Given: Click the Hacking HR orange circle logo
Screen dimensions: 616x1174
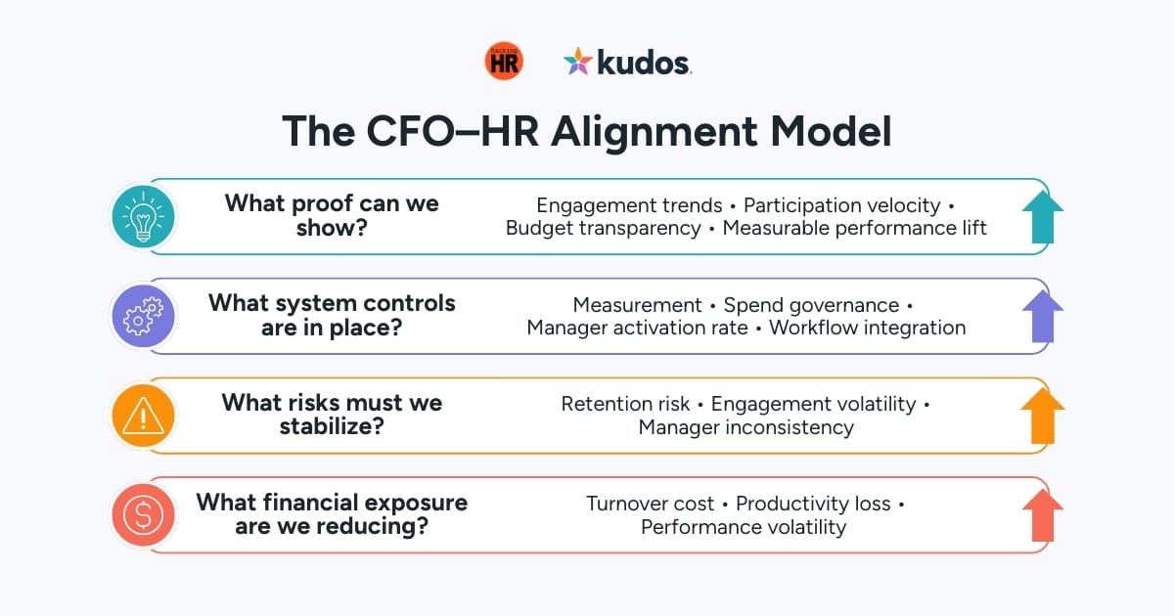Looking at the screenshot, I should coord(504,63).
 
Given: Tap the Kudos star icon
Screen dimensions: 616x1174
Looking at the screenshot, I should coord(578,63).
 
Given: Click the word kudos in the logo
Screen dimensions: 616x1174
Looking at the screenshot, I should coord(644,64).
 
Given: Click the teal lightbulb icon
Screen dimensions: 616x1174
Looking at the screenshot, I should coord(144,216).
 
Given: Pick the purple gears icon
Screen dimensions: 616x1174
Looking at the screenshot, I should coord(144,317).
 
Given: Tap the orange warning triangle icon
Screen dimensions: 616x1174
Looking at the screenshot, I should coord(144,417).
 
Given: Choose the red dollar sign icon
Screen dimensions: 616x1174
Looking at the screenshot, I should coord(144,515).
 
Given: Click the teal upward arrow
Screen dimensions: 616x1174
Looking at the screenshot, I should coord(1041,216).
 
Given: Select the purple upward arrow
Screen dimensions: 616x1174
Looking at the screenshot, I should coord(1041,316).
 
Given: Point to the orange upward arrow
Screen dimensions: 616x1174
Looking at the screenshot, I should coord(1041,416).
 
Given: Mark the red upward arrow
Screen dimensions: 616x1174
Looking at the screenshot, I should coord(1041,515).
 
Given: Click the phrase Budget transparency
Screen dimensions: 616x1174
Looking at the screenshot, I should coord(603,228).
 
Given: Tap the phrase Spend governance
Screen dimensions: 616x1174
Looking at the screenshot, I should coord(811,305).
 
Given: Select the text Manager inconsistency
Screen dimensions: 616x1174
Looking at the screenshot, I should coord(745,427).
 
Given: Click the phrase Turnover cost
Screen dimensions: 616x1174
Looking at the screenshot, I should coord(650,504).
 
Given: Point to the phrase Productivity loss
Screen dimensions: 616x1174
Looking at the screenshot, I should coord(813,504).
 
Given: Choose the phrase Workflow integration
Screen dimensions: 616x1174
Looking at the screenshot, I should coord(867,328).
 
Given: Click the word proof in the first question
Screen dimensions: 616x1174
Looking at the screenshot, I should coord(313,204).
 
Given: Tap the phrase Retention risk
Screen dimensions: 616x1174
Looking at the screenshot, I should coord(625,404).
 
